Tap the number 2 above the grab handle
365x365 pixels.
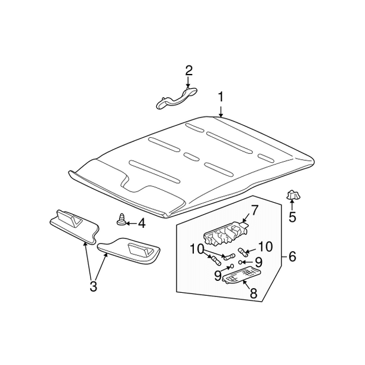(188, 71)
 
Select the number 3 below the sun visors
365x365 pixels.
(93, 286)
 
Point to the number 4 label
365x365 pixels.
(141, 224)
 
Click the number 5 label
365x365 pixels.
(292, 217)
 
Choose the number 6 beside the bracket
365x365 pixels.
(292, 257)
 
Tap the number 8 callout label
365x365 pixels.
(253, 293)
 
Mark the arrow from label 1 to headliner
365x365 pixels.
(221, 110)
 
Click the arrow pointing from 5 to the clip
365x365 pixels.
(292, 205)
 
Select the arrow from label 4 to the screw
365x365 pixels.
(132, 223)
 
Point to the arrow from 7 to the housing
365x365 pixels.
(246, 219)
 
